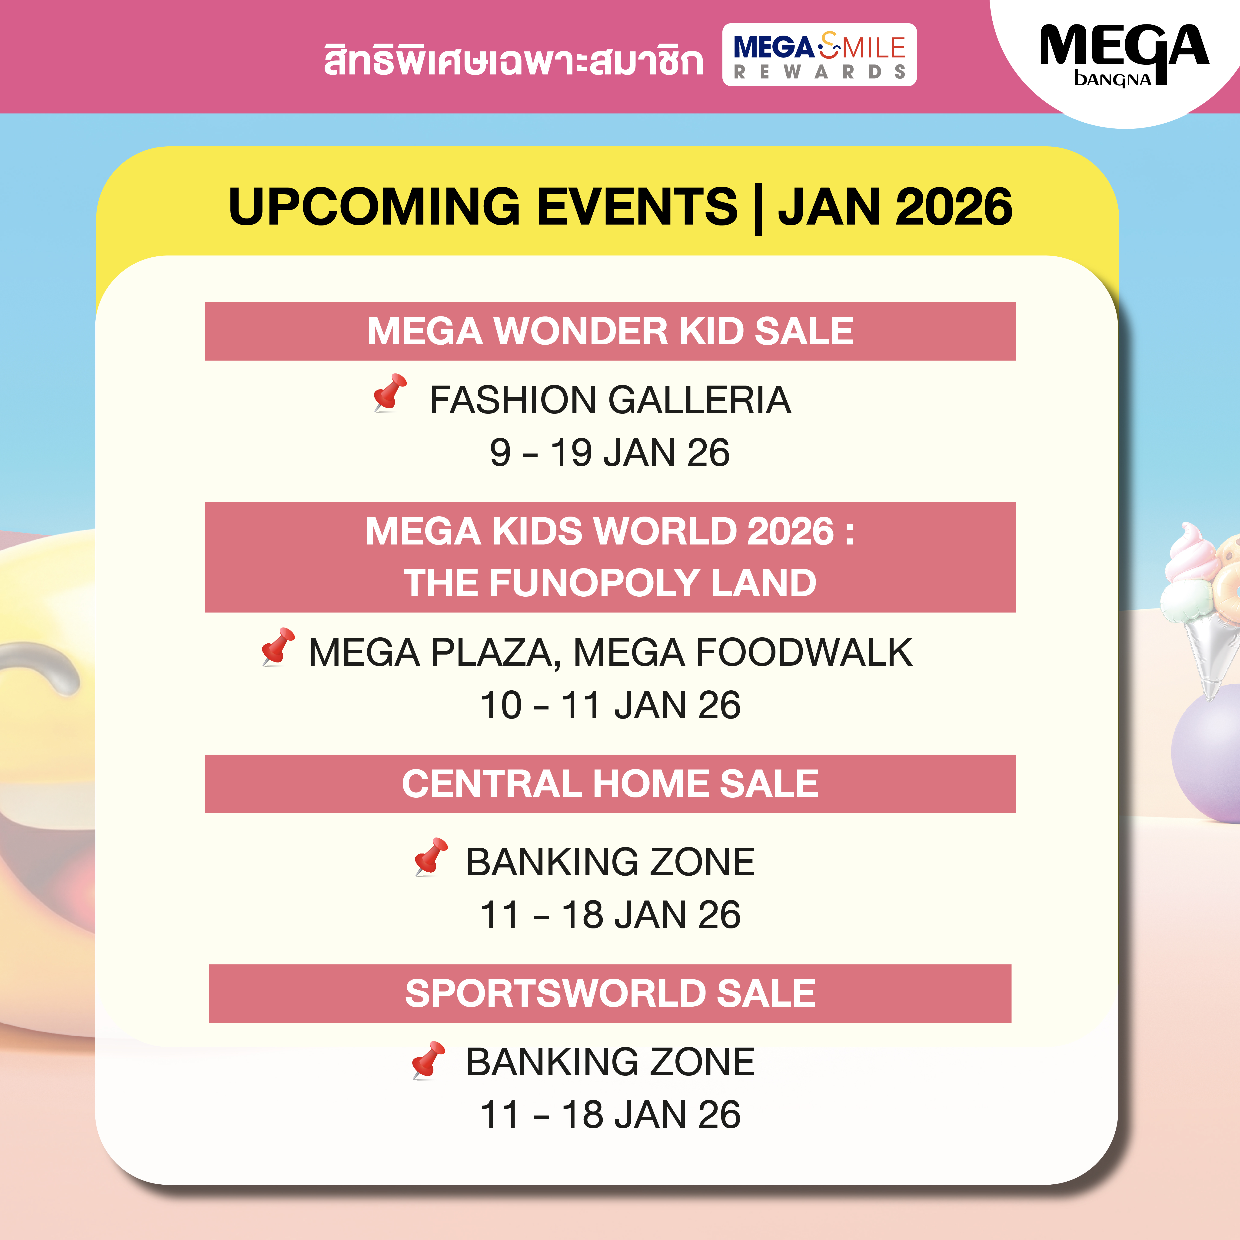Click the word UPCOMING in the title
374,207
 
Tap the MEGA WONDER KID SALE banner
610,331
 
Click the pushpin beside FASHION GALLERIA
390,392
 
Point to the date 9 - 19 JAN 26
610,453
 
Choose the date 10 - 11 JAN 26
610,705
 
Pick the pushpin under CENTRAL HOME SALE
431,857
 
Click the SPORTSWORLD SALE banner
610,993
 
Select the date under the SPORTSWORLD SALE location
610,1114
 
